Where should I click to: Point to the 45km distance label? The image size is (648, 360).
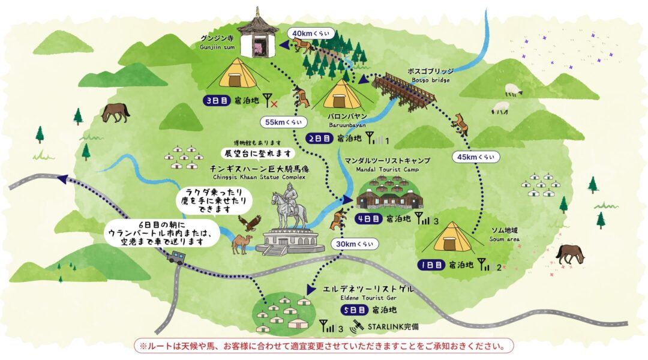[476, 157]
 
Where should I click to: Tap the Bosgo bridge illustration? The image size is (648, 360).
[403, 90]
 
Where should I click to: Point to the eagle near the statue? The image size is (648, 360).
[249, 223]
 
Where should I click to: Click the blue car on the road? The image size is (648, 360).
[175, 258]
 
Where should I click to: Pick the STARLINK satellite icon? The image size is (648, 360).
[357, 326]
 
